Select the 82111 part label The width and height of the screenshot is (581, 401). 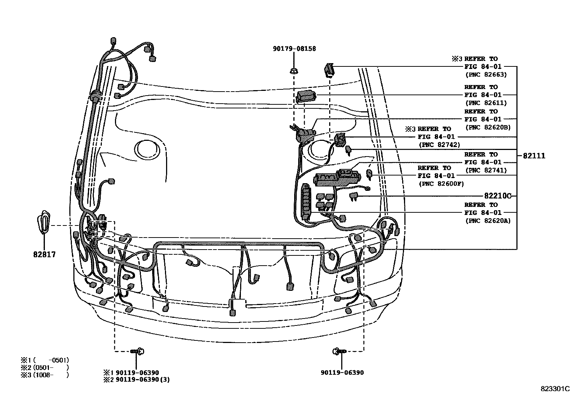(x=534, y=156)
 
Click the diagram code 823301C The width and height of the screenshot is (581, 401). (x=555, y=389)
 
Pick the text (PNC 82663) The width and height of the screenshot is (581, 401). (x=486, y=74)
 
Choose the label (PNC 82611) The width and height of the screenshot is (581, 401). (x=486, y=103)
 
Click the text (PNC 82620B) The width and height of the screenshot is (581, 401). (x=488, y=127)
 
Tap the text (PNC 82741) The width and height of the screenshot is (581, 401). (x=486, y=170)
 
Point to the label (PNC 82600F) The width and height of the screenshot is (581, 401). (x=441, y=184)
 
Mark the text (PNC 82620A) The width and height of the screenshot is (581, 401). (x=488, y=221)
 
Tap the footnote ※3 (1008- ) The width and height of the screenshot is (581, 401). (x=45, y=375)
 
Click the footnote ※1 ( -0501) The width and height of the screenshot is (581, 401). (x=45, y=360)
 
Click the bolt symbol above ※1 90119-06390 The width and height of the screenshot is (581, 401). (x=138, y=351)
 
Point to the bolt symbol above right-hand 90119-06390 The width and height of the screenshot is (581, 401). (x=339, y=351)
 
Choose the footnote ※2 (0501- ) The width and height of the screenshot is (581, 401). (x=45, y=367)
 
